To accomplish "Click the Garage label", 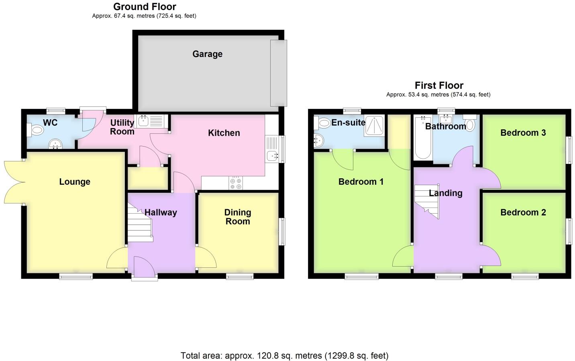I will tap(207, 54).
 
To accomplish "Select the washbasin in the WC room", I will tap(54, 144).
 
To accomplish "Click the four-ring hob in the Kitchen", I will tap(236, 183).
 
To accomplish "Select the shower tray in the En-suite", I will tap(374, 125).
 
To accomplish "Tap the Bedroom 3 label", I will tap(523, 133).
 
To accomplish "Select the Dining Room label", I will tap(238, 217).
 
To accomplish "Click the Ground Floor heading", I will tap(145, 6).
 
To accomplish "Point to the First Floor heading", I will tap(439, 85).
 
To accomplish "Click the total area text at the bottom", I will tap(284, 355).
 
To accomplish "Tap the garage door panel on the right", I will tap(279, 73).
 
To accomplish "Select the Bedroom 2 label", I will tap(523, 212).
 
